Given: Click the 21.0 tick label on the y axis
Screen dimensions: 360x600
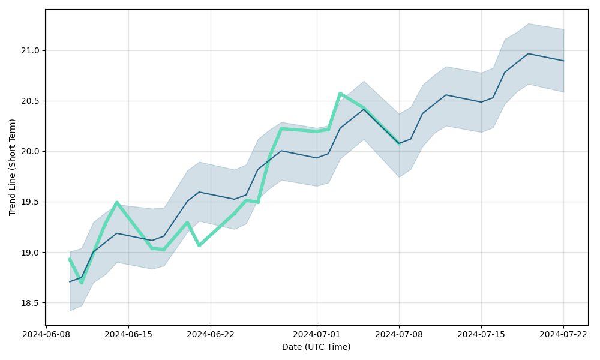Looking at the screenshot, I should tap(31, 50).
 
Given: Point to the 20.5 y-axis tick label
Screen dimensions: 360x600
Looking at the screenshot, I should tap(31, 101).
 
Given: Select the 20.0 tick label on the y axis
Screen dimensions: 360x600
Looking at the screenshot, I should tap(31, 151).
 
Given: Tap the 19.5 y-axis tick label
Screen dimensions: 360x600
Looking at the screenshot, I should tap(31, 202).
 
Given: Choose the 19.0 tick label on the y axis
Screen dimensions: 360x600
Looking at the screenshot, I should tap(31, 253).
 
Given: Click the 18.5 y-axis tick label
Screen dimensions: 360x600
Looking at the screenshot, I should tap(31, 303).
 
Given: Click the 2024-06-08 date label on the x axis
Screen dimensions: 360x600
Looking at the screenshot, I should tap(46, 334).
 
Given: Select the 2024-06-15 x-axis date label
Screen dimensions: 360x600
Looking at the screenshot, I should tap(128, 334).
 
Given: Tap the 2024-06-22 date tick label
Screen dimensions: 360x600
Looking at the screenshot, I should tap(211, 334).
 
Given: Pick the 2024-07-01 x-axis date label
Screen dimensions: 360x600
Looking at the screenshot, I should tap(317, 334).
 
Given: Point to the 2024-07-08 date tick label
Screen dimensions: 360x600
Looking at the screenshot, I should tap(399, 334).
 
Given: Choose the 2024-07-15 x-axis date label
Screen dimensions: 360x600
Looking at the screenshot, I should tap(481, 334).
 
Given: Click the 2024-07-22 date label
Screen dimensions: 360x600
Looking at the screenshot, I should tap(563, 334).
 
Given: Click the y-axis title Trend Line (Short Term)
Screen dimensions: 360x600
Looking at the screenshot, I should tap(13, 167).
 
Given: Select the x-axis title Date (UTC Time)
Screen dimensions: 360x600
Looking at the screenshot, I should tap(316, 347).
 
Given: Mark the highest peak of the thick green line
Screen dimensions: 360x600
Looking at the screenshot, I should tap(340, 94).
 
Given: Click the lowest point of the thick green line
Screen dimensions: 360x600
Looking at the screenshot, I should tap(82, 283).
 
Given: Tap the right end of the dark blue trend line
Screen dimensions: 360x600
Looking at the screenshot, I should tap(563, 61).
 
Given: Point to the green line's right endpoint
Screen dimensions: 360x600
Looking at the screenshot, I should tap(399, 143).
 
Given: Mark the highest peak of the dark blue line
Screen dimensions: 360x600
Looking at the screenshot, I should tap(528, 53).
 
